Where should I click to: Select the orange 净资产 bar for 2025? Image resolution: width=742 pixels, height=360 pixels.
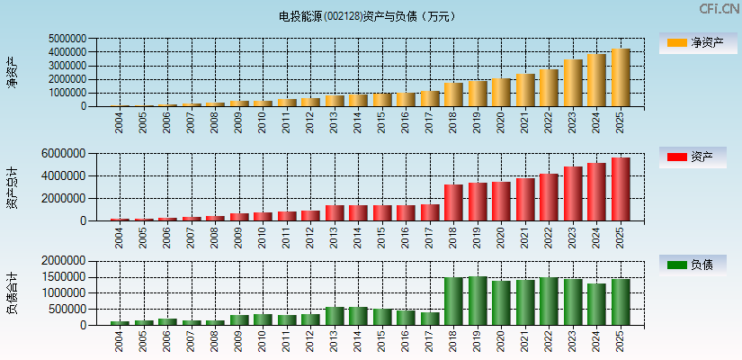(x=621, y=77)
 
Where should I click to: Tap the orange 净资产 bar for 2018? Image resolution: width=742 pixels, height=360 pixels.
(x=453, y=94)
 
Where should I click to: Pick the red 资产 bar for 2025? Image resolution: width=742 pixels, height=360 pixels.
(x=621, y=189)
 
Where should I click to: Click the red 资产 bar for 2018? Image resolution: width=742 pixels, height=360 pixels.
(x=453, y=202)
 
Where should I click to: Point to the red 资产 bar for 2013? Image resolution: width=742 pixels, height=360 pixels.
(x=335, y=212)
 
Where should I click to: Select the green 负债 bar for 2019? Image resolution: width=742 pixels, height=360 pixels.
(x=478, y=301)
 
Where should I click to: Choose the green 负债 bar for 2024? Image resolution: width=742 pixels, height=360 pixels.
(x=596, y=304)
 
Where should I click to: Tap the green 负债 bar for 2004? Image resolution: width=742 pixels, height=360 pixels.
(x=120, y=322)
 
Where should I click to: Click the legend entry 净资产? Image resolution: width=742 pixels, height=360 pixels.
(x=692, y=42)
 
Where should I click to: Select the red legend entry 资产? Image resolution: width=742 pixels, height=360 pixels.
(x=692, y=157)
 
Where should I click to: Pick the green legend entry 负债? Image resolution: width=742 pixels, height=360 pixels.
(x=692, y=265)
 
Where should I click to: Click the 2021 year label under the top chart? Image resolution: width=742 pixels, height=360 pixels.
(x=525, y=121)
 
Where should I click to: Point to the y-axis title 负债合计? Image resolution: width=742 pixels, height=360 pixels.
(x=12, y=293)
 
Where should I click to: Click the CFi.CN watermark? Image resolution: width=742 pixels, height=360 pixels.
(x=719, y=9)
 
